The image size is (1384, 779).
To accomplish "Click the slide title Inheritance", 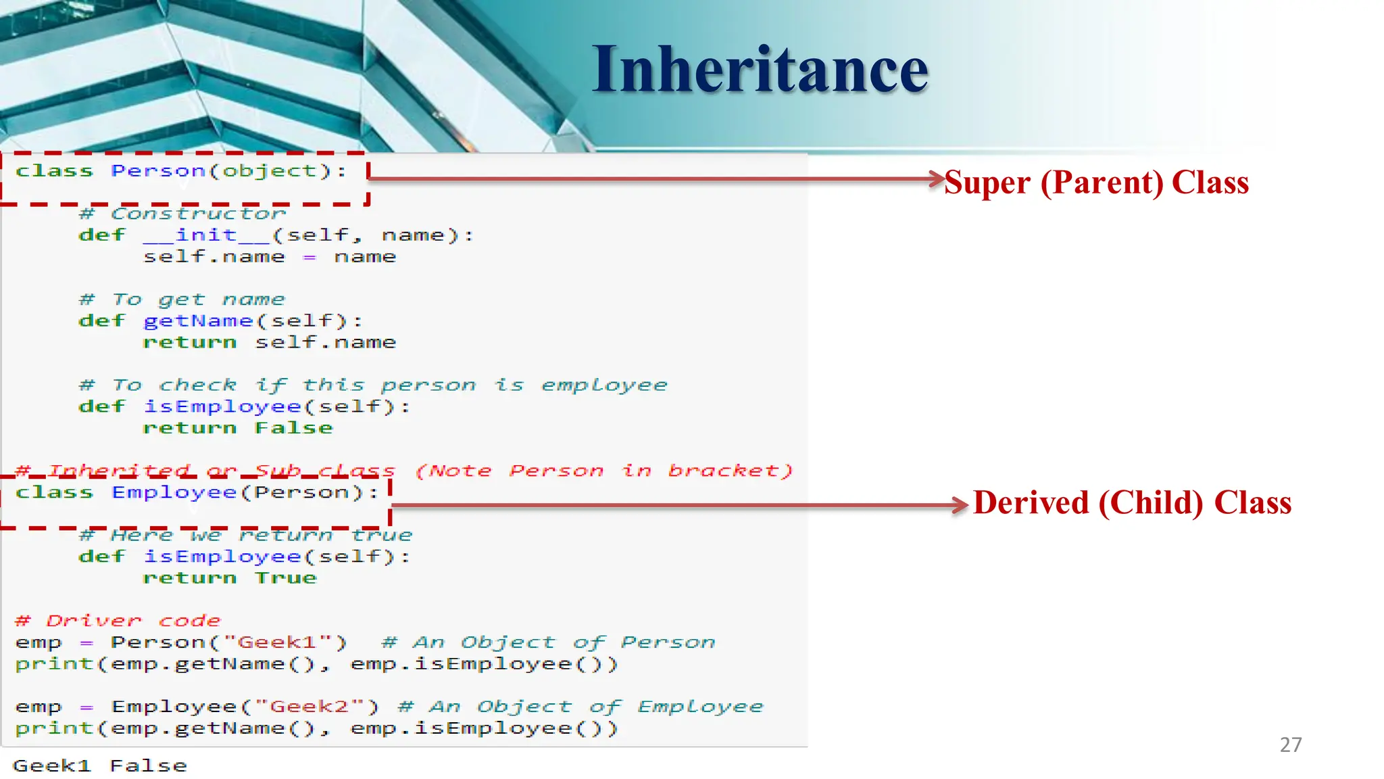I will point(760,69).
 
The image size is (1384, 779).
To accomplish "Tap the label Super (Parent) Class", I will point(1096,183).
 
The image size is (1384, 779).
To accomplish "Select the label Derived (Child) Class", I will point(1132,503).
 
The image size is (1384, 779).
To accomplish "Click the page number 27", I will point(1290,745).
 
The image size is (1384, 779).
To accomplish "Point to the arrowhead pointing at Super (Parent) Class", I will point(937,179).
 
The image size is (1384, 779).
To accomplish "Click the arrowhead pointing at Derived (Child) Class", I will point(960,505).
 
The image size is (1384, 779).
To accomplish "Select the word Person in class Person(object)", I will point(158,171).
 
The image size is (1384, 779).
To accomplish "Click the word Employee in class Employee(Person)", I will point(174,492).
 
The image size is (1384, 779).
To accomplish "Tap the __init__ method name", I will point(206,235).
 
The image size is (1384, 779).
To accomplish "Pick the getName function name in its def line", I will point(198,321).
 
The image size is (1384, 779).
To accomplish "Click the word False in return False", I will point(294,428).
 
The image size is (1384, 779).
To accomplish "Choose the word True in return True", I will point(286,578).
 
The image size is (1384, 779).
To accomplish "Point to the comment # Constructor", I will point(182,214).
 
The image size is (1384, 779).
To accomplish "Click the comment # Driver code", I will point(118,621).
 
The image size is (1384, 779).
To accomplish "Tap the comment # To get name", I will point(182,300).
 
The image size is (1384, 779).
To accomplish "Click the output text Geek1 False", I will point(100,766).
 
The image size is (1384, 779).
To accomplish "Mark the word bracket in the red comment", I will point(730,471).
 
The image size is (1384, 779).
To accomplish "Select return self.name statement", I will point(269,343).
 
